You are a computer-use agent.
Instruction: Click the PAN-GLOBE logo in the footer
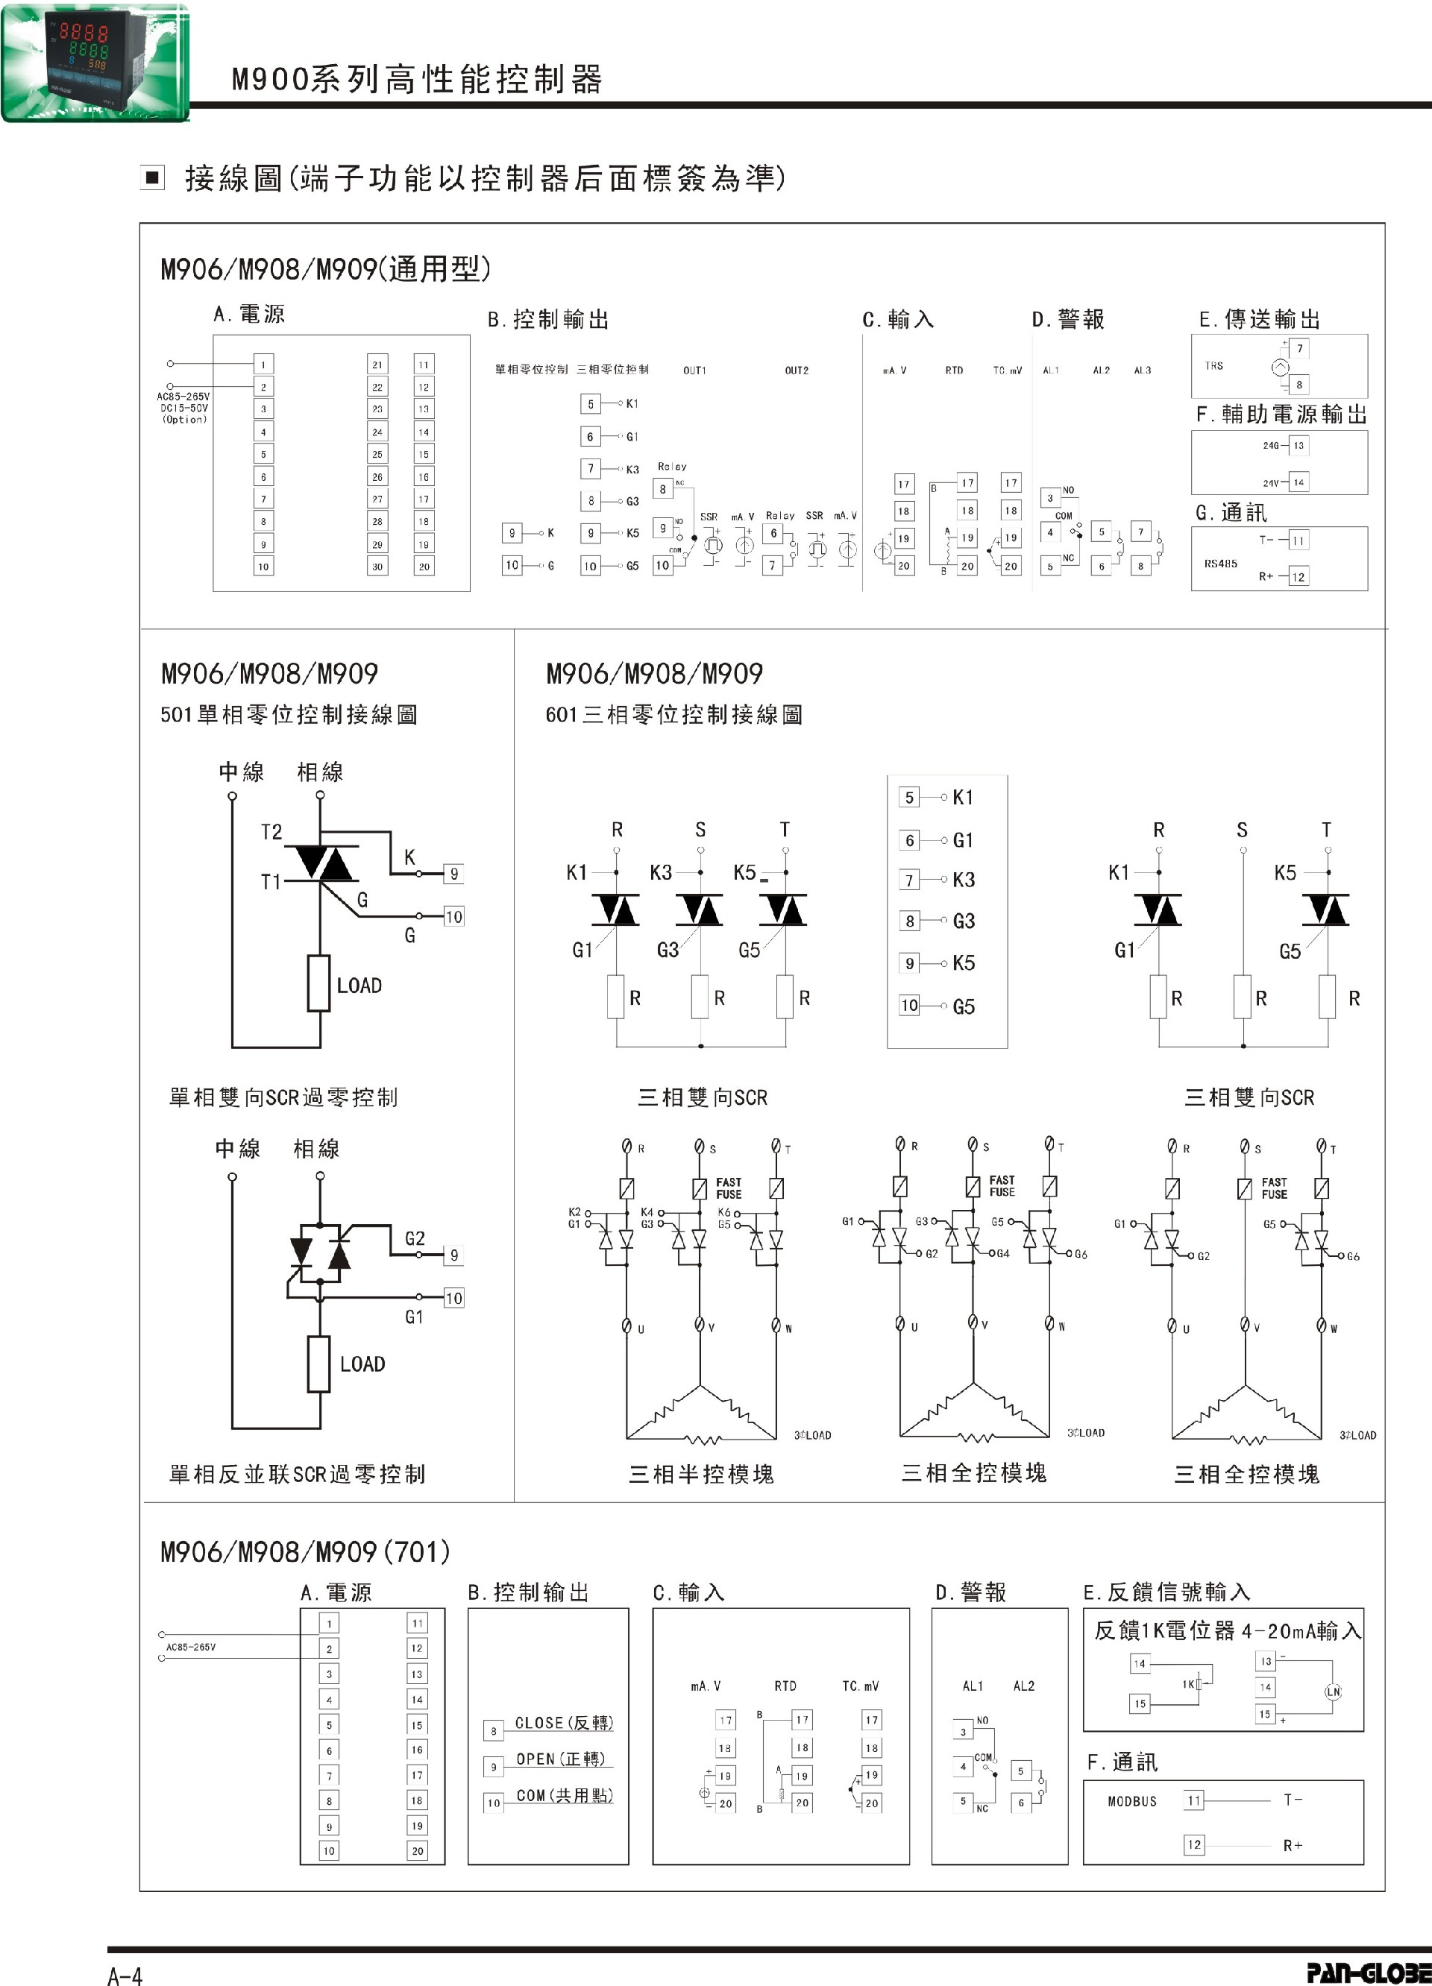tap(1367, 1972)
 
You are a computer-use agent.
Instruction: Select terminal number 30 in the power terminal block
tap(377, 567)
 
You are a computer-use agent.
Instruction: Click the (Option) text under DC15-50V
tap(184, 420)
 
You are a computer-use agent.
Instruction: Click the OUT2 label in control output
tap(796, 371)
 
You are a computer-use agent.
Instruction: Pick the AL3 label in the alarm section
tap(1142, 371)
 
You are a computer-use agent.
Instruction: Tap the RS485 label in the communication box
tap(1220, 563)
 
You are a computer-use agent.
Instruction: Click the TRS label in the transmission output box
tap(1214, 365)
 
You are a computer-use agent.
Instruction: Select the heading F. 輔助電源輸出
tap(1281, 414)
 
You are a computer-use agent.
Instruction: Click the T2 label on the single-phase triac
tap(271, 831)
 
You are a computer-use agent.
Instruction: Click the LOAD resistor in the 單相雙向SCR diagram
tap(318, 983)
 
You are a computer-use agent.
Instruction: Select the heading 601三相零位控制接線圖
tap(673, 714)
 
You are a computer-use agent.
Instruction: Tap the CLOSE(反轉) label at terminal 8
tap(564, 1722)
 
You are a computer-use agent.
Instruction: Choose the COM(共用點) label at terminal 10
tap(564, 1795)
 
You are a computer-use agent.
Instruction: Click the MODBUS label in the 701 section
tap(1131, 1801)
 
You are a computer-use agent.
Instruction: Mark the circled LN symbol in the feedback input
tap(1332, 1692)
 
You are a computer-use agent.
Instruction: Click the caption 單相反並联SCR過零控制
tap(297, 1474)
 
